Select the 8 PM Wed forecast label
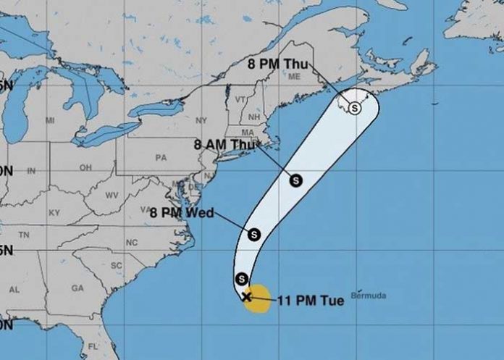click(x=178, y=212)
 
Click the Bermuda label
click(x=369, y=295)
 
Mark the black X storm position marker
click(x=246, y=296)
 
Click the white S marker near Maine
click(x=354, y=107)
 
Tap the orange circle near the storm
click(x=257, y=298)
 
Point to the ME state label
click(x=294, y=76)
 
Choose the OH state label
click(x=85, y=167)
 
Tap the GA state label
click(x=78, y=288)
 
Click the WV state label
click(x=112, y=196)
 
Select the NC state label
click(x=132, y=242)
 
